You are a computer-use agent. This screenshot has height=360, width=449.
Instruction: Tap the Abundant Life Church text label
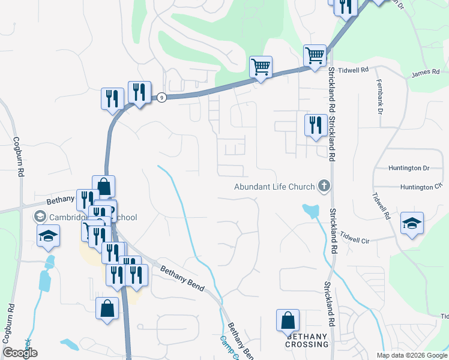tap(274, 187)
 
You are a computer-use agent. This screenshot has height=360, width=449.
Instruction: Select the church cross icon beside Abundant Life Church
tap(324, 186)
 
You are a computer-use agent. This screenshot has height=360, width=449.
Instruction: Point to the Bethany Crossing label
tap(307, 341)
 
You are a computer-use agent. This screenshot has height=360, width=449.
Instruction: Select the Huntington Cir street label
tap(420, 187)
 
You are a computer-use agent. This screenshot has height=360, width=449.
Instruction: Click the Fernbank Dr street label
tap(379, 94)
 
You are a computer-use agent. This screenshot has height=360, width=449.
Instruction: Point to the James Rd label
tap(422, 74)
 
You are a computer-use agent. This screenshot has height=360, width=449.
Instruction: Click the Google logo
tap(20, 353)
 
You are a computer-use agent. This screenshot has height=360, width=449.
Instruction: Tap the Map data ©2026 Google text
tap(412, 355)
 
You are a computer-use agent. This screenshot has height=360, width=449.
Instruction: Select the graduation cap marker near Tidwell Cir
tap(412, 224)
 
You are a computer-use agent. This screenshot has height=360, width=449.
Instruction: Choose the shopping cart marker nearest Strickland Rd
tap(315, 56)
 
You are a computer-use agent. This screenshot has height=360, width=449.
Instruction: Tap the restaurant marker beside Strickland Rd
tap(316, 126)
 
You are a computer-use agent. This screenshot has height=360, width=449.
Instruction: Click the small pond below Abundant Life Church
tap(311, 211)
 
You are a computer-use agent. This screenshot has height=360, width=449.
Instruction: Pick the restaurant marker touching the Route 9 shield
tap(139, 92)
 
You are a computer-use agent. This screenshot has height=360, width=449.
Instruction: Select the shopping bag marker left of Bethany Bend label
tap(107, 309)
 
